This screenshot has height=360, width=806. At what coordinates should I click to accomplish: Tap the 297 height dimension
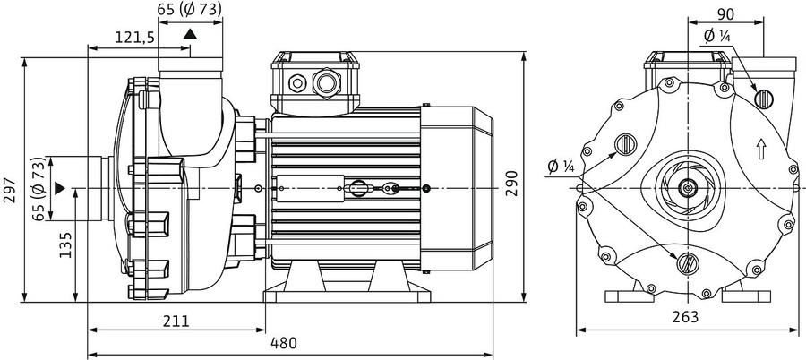coord(10,190)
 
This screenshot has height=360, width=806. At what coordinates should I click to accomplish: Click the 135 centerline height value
coord(65,244)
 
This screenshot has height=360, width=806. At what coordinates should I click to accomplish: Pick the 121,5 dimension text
coord(134,37)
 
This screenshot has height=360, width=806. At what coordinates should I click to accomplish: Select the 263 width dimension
coord(686,317)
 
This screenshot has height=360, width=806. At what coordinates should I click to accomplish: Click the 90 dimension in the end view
coord(725,14)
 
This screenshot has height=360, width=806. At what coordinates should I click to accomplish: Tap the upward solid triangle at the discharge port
coord(190,34)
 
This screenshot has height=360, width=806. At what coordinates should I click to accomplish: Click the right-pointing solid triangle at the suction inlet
coord(60,188)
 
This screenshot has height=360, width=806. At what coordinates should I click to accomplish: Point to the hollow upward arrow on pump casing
coord(761,150)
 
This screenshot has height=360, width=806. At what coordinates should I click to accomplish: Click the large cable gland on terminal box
coord(327,81)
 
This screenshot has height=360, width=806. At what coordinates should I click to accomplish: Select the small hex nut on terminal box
coord(297,82)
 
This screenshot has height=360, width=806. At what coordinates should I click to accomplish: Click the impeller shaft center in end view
coord(688,188)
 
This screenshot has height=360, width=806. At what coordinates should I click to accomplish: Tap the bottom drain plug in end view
coord(687,263)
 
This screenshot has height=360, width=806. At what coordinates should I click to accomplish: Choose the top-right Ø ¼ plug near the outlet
coord(763,99)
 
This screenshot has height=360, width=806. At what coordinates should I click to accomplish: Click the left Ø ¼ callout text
coord(561,167)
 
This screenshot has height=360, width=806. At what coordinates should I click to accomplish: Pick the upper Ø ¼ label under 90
coord(717,36)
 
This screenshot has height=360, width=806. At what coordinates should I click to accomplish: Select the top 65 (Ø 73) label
coord(190,8)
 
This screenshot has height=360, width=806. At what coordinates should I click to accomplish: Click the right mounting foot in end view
coord(746,296)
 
